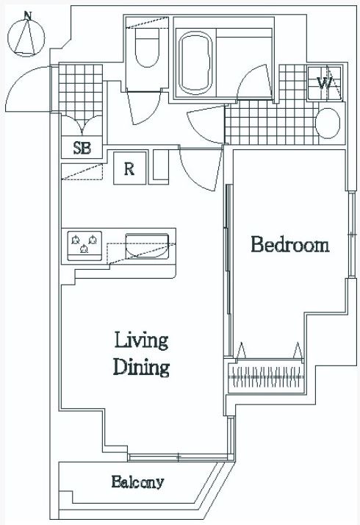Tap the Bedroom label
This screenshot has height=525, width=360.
290,244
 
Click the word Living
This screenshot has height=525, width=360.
141,341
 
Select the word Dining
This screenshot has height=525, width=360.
141,367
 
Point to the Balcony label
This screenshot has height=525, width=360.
137,482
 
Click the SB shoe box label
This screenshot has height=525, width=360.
82,148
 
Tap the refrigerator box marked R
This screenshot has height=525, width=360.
130,168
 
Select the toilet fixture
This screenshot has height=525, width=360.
147,47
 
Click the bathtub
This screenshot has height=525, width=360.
196,63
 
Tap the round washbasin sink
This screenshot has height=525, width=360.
328,123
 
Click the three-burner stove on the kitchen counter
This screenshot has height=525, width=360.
84,246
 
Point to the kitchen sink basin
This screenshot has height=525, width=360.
146,246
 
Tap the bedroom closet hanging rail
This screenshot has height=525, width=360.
266,376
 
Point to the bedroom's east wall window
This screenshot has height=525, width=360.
351,235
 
